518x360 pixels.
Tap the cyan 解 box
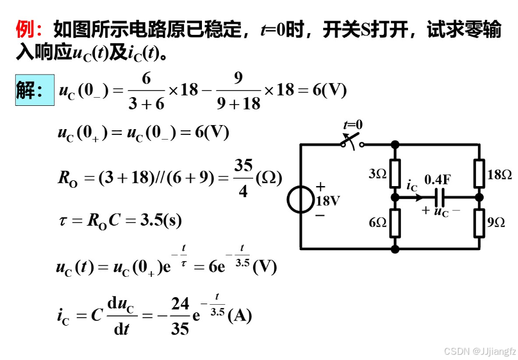click(x=34, y=90)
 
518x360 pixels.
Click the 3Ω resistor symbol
click(x=395, y=172)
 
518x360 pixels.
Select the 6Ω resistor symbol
click(x=395, y=223)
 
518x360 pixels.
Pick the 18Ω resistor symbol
click(x=479, y=172)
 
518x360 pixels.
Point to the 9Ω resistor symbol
click(x=479, y=223)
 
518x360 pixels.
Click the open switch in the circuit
click(x=352, y=140)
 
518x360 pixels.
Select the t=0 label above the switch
click(x=352, y=124)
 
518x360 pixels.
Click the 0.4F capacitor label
click(x=437, y=180)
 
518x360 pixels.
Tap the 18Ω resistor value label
click(x=499, y=174)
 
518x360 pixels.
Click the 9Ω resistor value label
click(x=496, y=223)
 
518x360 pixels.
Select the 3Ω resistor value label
click(x=378, y=174)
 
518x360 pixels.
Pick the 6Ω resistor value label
click(x=378, y=223)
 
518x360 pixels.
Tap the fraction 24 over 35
click(x=180, y=316)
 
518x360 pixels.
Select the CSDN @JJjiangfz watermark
click(x=480, y=351)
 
